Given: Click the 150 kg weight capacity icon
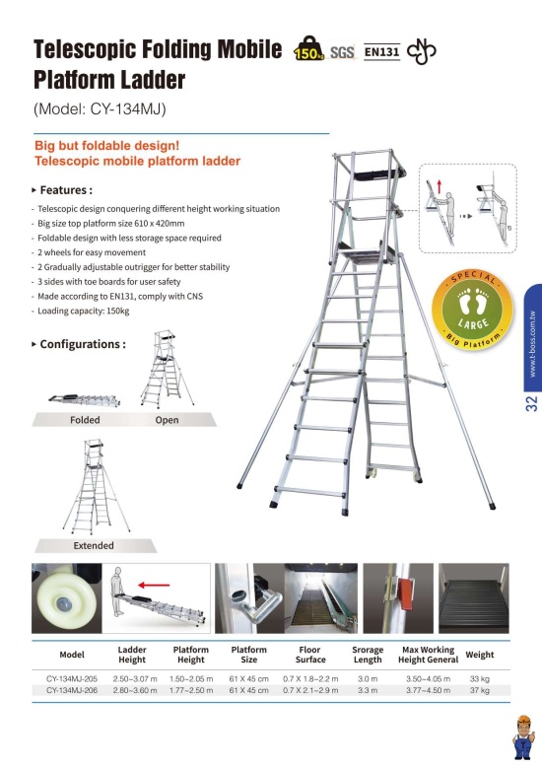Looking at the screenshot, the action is point(308,48).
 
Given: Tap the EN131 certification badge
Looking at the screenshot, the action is point(382,51).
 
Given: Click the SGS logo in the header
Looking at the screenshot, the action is point(342,52).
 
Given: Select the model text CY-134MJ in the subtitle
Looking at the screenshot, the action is point(126,108).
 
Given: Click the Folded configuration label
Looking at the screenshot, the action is point(85,420).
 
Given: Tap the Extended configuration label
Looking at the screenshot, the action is point(94,545).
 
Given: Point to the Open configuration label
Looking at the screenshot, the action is point(167,420).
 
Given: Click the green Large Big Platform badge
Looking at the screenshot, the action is point(473,311).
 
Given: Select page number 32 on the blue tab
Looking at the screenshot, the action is point(531,403).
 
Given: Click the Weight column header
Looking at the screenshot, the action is point(479,655).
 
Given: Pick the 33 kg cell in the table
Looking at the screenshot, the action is point(479,678).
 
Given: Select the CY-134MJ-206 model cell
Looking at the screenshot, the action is point(72,690).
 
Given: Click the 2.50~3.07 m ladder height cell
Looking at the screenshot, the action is point(135,678).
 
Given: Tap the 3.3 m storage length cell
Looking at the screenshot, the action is point(368,690).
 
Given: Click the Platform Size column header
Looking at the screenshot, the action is point(249,655).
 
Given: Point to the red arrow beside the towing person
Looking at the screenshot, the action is point(154,585).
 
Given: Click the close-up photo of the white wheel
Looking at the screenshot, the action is point(67,598).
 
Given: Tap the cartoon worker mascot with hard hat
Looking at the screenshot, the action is point(523,736).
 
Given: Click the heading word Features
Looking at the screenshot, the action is point(64,190).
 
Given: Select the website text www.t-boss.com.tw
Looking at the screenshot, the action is point(532,344).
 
